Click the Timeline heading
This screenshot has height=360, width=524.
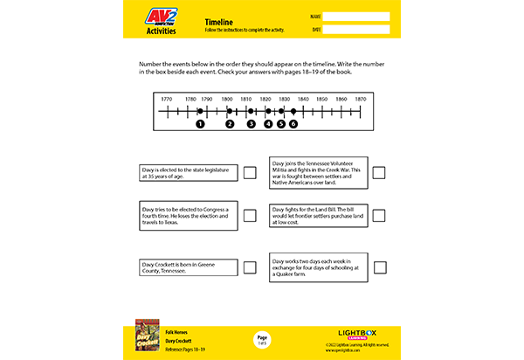217,19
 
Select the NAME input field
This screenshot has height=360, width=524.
355,16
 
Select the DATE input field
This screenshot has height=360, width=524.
355,30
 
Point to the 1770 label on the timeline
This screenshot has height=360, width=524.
166,100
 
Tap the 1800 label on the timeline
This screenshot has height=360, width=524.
227,100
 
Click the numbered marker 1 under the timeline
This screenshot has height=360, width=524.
200,124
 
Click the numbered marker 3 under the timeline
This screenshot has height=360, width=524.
251,124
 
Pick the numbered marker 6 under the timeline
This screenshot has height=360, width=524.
293,124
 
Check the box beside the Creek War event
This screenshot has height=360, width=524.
379,172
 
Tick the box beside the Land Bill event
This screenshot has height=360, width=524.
379,216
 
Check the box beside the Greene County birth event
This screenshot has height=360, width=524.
250,267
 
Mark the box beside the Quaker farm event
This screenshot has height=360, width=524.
379,267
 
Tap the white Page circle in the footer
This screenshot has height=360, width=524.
262,338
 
